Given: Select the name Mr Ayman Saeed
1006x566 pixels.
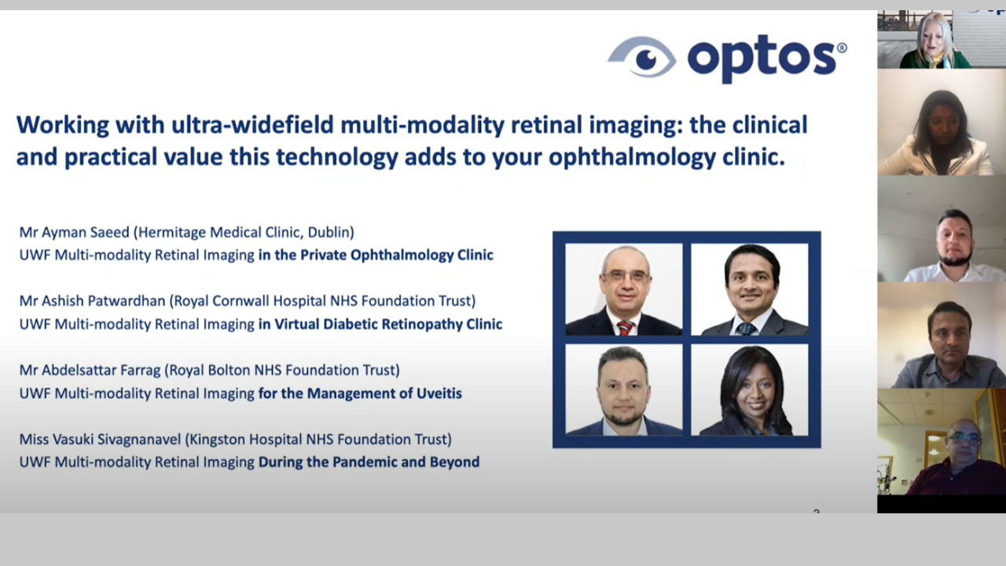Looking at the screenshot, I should point(74,232).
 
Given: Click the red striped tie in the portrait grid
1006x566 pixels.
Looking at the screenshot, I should point(625,327).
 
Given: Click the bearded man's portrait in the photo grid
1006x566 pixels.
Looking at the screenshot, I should point(624,390).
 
